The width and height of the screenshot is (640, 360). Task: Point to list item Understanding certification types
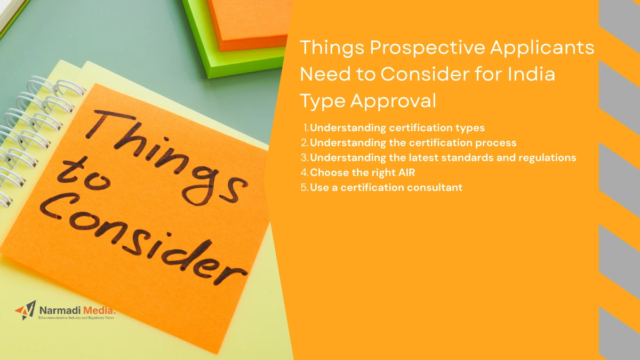(397, 127)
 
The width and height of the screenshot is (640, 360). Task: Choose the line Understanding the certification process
(413, 142)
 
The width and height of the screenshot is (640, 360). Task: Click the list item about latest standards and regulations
(443, 157)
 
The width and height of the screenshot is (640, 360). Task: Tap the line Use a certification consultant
(386, 187)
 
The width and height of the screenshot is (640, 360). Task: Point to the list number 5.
(305, 187)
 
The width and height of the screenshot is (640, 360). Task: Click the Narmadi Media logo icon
(25, 310)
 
